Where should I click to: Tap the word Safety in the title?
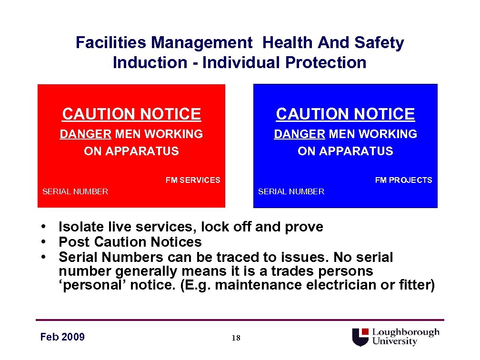pos(379,43)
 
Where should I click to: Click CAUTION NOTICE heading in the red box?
pos(131,114)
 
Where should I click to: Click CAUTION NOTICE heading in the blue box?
pos(345,114)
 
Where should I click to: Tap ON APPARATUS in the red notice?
pos(131,151)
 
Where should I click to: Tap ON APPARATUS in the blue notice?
pos(345,151)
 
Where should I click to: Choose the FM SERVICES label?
pos(193,180)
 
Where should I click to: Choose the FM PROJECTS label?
pos(403,180)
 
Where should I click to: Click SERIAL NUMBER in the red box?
pos(75,191)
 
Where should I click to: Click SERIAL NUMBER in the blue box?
pos(291,191)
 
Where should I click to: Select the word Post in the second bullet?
pos(74,242)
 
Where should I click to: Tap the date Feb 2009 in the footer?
pos(62,337)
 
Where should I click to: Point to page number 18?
pos(236,338)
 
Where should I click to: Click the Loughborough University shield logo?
pos(361,337)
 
